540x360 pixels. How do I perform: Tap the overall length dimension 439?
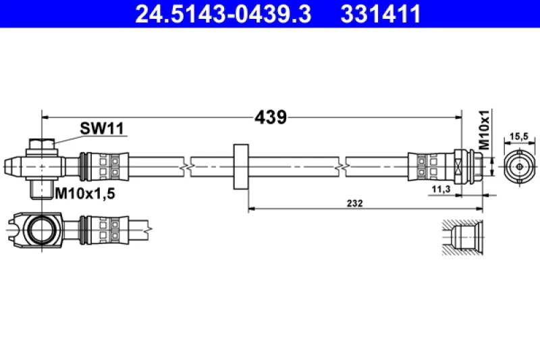271,117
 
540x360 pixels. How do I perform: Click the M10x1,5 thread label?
85,194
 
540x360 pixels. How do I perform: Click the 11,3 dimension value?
441,190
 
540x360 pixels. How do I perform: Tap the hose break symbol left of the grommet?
186,164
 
